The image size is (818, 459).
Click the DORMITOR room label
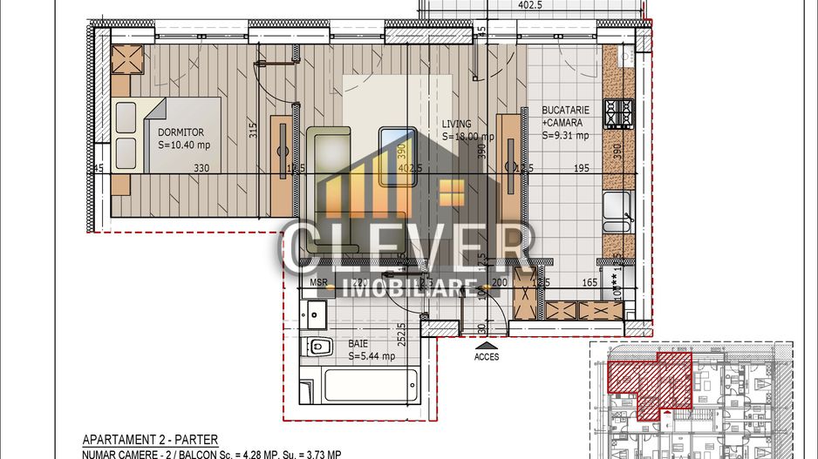click(181, 132)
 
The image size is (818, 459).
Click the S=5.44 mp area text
click(372, 356)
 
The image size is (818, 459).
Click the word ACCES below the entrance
click(487, 357)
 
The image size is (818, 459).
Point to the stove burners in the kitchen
click(620, 112)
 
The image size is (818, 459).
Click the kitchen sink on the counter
click(617, 208)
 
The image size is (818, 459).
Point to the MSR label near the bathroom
click(317, 283)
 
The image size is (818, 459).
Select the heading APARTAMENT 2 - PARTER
click(150, 441)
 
